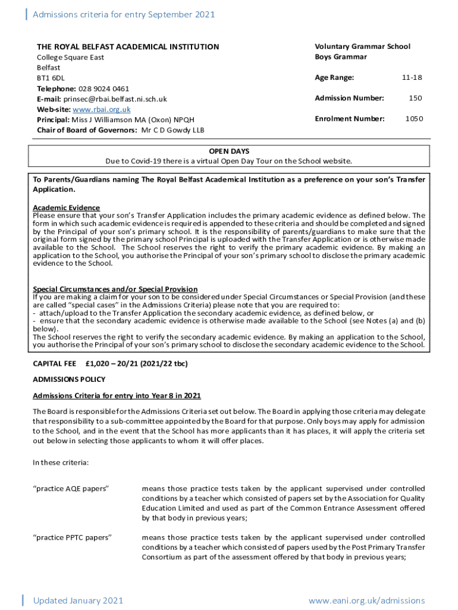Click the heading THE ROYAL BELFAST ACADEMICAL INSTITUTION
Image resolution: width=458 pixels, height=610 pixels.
pos(128,47)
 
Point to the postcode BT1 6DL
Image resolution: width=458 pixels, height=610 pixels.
pos(51,78)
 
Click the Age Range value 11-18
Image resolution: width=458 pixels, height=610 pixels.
pos(412,77)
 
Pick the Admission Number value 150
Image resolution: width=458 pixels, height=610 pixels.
pos(416,98)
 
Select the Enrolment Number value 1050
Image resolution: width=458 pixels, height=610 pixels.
pos(414,119)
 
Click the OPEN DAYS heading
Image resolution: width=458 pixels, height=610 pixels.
pos(229,151)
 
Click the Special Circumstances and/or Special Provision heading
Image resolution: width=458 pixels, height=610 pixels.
pos(115,289)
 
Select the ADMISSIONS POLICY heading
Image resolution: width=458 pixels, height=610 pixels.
pos(69,379)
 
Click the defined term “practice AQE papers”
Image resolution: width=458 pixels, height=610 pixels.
pos(71,489)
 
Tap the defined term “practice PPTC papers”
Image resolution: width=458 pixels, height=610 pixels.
pos(72,538)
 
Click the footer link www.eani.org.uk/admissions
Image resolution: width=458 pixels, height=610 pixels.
pos(366,600)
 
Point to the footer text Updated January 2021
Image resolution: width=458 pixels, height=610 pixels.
pos(78,600)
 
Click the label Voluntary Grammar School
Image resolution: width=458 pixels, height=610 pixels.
pos(362,46)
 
